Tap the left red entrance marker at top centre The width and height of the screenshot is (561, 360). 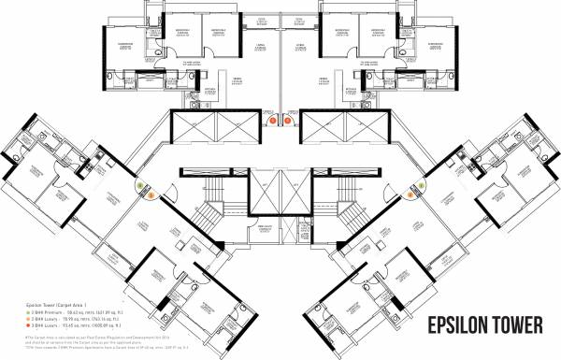267,119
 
